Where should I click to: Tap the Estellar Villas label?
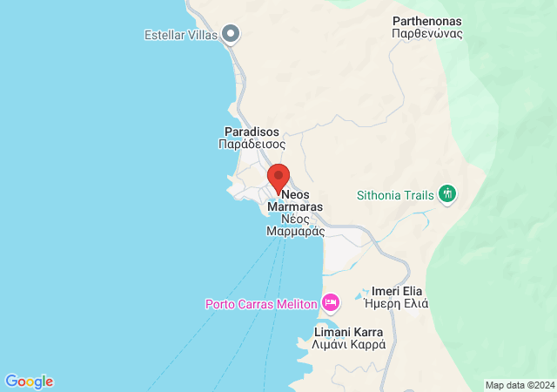tap(180, 35)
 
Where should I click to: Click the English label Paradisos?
tap(250, 132)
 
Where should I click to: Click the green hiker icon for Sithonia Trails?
tap(448, 193)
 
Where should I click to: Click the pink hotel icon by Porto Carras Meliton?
tap(331, 303)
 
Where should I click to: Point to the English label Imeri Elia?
tap(399, 291)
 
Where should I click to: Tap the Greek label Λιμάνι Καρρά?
tap(349, 345)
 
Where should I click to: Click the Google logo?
tap(29, 382)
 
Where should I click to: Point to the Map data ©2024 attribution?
tap(519, 385)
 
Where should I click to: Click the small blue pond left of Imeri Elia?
tap(360, 298)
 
